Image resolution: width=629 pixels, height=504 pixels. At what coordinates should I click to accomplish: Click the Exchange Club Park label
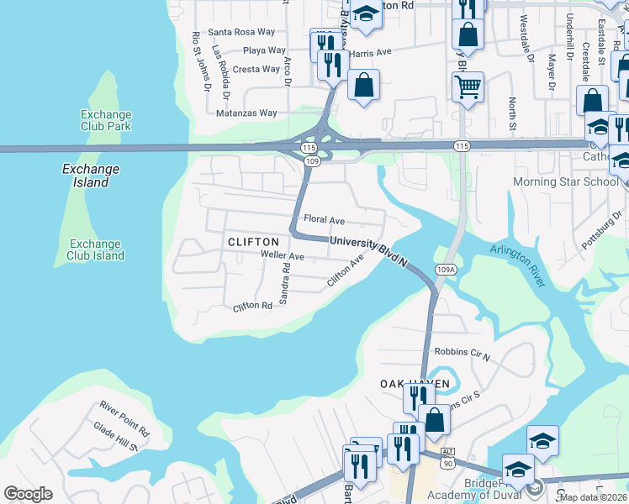coord(106,120)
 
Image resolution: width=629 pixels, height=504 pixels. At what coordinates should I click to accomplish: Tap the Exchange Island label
coord(91,176)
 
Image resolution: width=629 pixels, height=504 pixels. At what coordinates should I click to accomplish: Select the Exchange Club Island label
coord(97,249)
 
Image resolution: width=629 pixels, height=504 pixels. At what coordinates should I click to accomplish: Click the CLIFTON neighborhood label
coord(253,242)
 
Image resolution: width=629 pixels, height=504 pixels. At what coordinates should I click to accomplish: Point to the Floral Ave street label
coord(325,220)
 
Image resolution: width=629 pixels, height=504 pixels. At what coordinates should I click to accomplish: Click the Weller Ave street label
coord(282,255)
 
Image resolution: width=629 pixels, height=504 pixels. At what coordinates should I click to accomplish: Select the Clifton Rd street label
coord(253,307)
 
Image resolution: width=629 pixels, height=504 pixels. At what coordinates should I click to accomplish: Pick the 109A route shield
coord(447,270)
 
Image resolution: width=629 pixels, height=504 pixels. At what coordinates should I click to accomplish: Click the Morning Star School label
coord(565,182)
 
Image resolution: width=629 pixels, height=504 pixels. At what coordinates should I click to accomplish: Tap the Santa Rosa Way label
coord(241,32)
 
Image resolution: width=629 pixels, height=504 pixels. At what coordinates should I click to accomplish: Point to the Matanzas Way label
coord(246,113)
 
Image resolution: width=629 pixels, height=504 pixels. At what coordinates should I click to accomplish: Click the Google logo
coord(28,494)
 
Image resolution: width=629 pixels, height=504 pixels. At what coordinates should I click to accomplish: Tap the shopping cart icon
coord(468,85)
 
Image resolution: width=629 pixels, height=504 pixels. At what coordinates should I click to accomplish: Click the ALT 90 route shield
coord(447,458)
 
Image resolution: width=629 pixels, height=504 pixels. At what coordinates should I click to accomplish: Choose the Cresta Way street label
coord(256,69)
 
